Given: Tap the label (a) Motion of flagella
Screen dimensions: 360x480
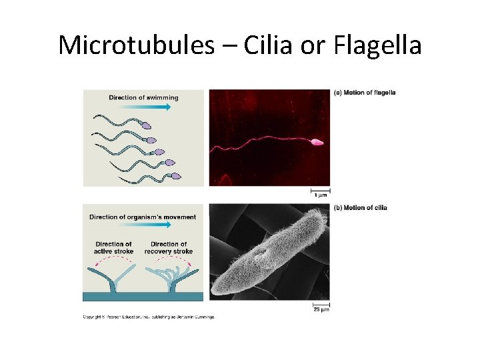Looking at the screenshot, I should pos(364,93).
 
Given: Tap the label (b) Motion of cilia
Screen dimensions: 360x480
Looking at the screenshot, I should pos(360,208).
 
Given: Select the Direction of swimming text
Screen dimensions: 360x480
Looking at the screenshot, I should pos(143,98).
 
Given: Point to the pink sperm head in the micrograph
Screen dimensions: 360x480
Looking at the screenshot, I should pos(316,142).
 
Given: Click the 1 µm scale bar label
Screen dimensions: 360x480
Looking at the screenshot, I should pos(320,195).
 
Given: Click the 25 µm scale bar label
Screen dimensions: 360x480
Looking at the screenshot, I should pos(321,309).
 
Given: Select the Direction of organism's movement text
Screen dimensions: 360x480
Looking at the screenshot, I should pos(143,217).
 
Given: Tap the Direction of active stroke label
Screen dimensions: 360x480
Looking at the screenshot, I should pos(113,247).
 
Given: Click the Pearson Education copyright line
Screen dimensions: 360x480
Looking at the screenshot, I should pos(149,317).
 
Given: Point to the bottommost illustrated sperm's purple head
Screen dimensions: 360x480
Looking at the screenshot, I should pos(176,177).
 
